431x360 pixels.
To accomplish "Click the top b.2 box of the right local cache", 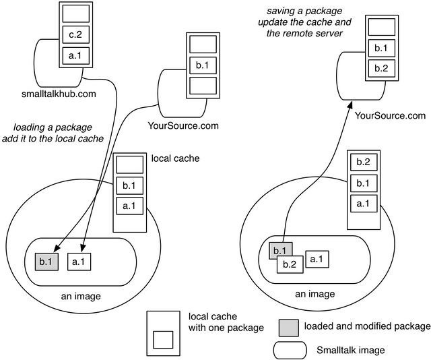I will click(363, 162).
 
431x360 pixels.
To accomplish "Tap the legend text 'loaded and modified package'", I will click(367, 327).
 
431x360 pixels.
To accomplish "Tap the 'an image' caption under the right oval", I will click(315, 294).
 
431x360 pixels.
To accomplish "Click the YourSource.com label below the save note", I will click(389, 116).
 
